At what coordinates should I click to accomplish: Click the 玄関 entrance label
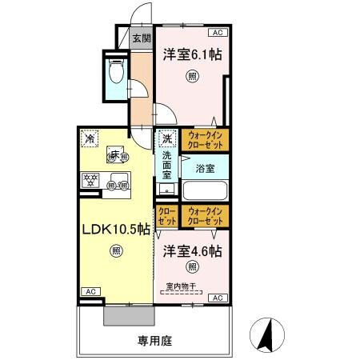[x=141, y=37]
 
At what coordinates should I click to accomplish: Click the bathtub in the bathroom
[x=206, y=190]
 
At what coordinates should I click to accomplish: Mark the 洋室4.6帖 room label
[x=193, y=250]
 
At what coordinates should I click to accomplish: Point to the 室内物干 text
[x=181, y=286]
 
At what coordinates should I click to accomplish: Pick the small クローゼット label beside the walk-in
[x=167, y=215]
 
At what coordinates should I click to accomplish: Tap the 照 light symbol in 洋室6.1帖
[x=192, y=77]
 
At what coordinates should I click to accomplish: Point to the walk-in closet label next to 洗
[x=206, y=140]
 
